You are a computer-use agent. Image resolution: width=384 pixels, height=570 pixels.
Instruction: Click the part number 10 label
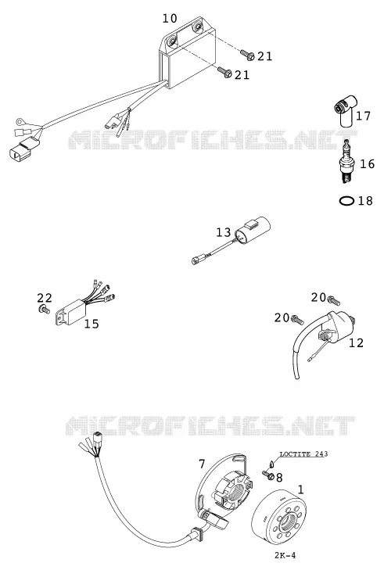[x=170, y=18]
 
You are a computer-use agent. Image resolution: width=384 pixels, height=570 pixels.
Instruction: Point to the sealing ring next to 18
[x=346, y=200]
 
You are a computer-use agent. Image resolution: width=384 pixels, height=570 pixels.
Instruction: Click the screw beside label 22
[x=44, y=310]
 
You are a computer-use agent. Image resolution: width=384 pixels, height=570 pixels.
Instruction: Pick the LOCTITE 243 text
[x=303, y=453]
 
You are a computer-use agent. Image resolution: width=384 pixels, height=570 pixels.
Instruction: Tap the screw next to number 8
[x=268, y=475]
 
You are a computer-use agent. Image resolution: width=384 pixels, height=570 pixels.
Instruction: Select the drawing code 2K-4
[x=285, y=555]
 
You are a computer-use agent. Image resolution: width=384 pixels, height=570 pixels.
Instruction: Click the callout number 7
[x=202, y=464]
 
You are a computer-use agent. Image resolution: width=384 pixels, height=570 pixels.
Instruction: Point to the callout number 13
[x=224, y=232]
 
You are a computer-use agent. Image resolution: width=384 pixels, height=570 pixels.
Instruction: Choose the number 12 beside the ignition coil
[x=356, y=342]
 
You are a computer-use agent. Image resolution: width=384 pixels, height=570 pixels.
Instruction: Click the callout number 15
[x=92, y=324]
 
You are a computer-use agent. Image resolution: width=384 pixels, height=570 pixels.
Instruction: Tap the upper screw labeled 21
[x=247, y=55]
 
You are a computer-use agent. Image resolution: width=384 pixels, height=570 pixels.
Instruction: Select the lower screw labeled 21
[x=224, y=72]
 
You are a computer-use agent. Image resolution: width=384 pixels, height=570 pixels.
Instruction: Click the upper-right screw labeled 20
[x=334, y=300]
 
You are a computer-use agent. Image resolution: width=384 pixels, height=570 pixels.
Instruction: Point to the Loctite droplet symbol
[x=271, y=464]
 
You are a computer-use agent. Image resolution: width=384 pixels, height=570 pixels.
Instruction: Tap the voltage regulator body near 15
[x=71, y=311]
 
